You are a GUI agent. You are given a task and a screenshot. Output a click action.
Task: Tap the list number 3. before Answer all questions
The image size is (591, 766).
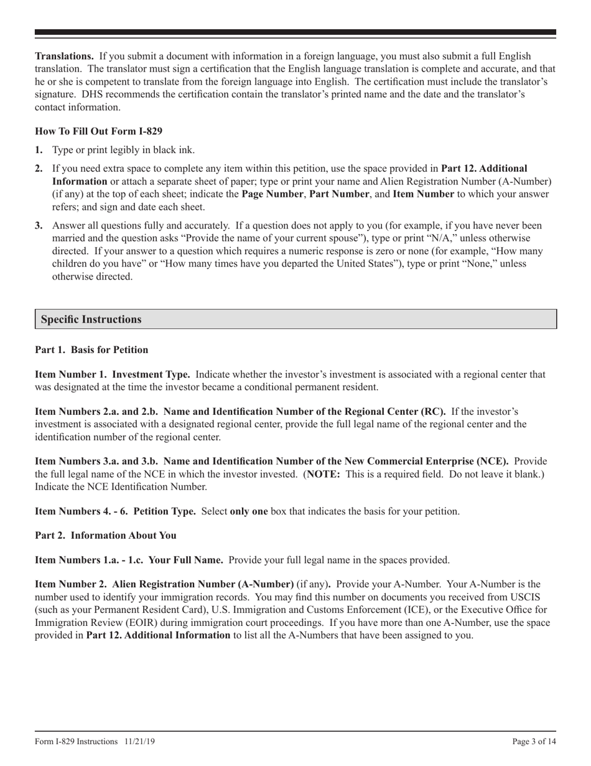coord(39,225)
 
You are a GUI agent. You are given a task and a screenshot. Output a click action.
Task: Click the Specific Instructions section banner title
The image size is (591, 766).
coord(91,319)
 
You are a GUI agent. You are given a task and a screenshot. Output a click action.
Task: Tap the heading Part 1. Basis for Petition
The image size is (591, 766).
coord(91,349)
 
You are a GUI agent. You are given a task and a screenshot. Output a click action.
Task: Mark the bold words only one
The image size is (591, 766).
coord(249,511)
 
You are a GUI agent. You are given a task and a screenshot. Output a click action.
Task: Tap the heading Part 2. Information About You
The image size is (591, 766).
coord(105,535)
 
